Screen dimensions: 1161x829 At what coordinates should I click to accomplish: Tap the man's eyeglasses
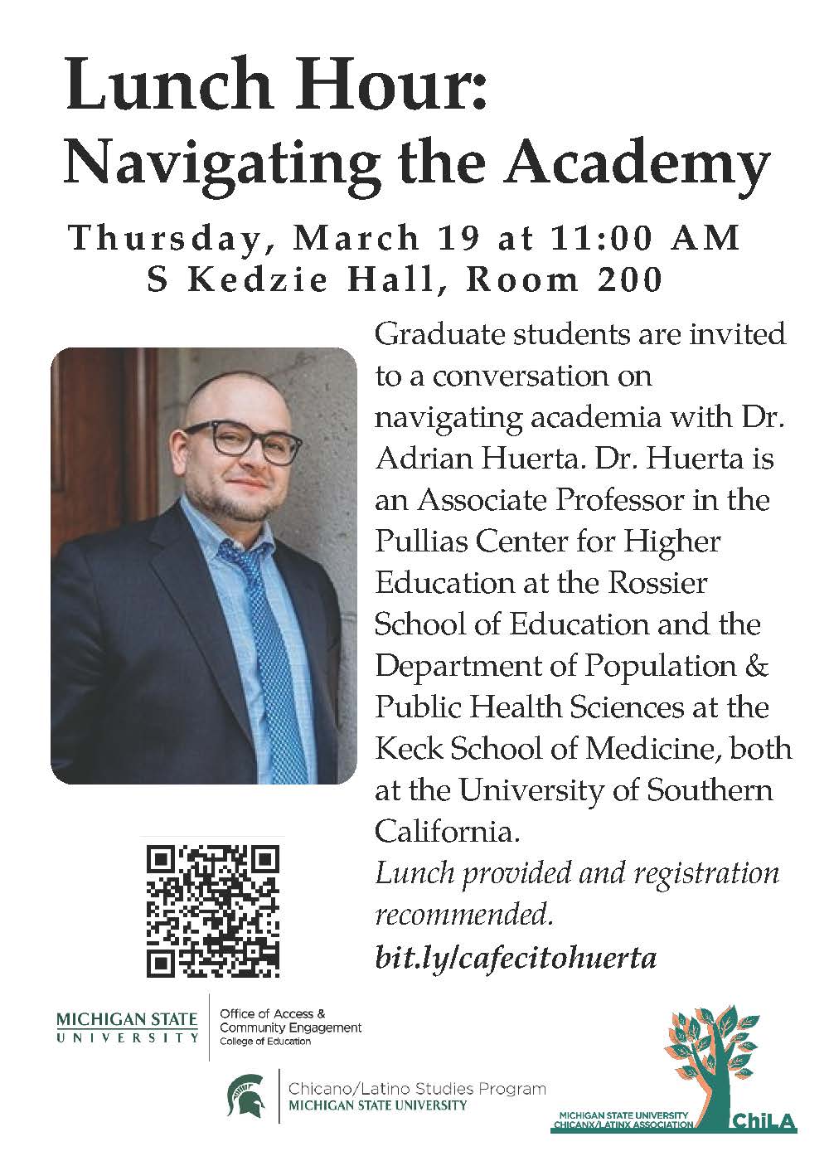click(242, 441)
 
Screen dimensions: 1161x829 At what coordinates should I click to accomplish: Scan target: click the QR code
click(213, 910)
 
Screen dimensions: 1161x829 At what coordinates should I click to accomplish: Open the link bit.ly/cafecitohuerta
click(516, 958)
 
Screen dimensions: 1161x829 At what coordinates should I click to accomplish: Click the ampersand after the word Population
click(759, 665)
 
